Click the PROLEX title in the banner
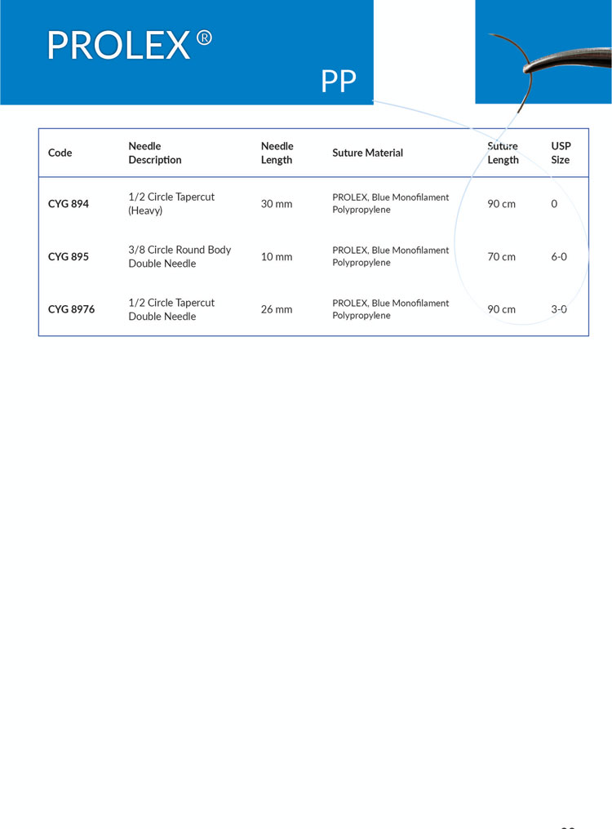pos(118,46)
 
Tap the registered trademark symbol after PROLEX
pos(204,38)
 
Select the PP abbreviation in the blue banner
pos(339,82)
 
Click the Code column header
pos(60,153)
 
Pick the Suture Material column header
pos(367,153)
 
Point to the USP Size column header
pos(561,153)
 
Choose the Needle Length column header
pos(277,153)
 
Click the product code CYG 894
pos(69,204)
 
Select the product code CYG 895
pos(69,257)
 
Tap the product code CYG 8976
pos(71,309)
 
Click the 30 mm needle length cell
pos(276,204)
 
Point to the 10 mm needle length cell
pos(276,257)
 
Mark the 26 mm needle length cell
pos(276,309)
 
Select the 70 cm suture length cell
pos(501,257)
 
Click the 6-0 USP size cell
pos(559,257)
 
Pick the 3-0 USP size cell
pos(559,309)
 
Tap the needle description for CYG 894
pos(171,204)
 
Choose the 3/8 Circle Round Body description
pos(180,256)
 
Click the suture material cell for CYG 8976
pos(390,309)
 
